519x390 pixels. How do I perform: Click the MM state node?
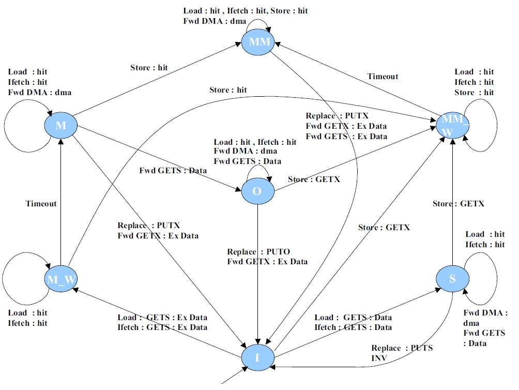point(259,41)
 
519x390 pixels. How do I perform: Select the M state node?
point(61,125)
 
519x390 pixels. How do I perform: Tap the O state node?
point(257,191)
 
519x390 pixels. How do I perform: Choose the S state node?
point(452,279)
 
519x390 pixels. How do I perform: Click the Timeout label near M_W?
point(41,204)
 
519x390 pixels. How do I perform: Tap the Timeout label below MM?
point(383,77)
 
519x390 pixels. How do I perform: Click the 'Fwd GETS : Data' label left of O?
point(173,171)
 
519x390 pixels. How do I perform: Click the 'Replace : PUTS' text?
point(402,348)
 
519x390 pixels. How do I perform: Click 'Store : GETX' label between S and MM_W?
point(458,204)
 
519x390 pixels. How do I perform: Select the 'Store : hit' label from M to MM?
point(149,67)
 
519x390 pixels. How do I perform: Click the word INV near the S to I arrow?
point(379,357)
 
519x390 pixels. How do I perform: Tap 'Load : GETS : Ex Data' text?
point(162,318)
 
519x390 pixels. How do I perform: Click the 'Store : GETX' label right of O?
point(313,179)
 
